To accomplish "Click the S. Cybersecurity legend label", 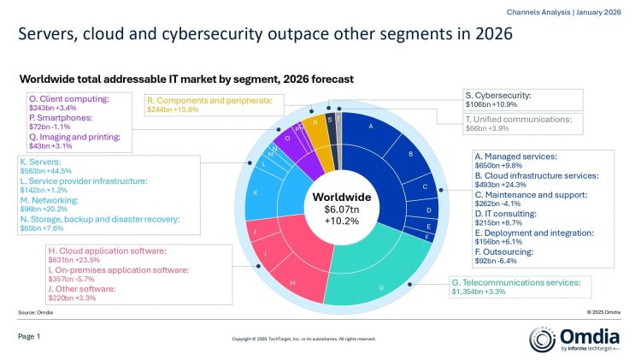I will [498, 95].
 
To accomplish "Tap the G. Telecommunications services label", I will [515, 282].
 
